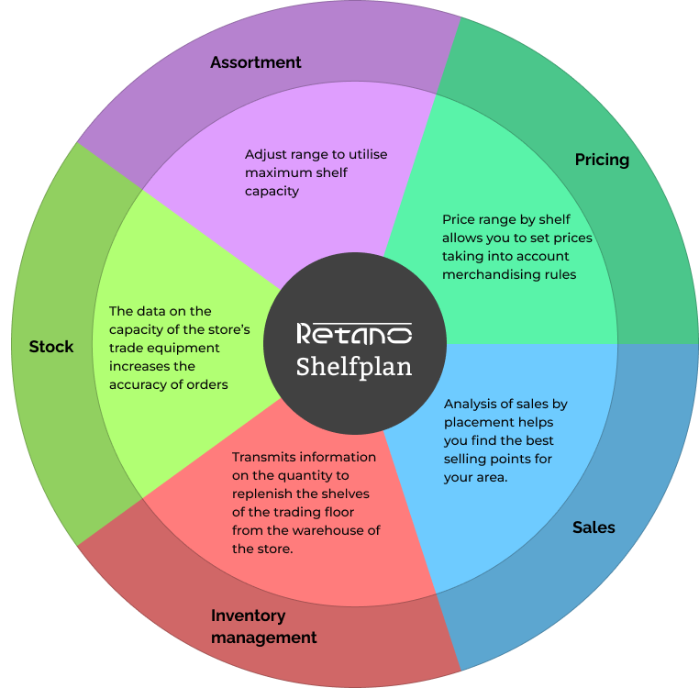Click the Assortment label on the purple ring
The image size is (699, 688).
point(255,62)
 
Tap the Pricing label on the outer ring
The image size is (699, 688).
point(602,160)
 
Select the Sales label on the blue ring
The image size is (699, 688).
point(594,527)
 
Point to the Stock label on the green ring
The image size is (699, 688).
point(51,347)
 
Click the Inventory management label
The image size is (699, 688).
point(264,627)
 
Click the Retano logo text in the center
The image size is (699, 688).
point(354,333)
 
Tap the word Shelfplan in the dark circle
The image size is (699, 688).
point(354,366)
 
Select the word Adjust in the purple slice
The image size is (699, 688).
point(266,154)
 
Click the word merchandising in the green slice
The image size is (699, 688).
point(488,274)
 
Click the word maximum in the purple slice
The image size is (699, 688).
point(276,172)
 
